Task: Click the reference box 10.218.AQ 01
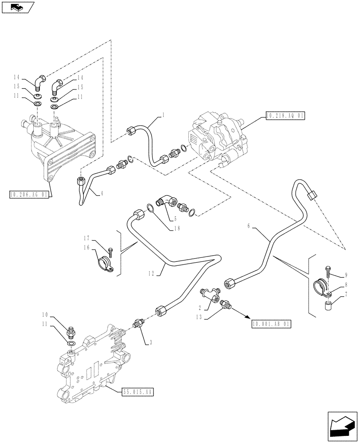[286, 116]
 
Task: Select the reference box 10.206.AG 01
[27, 194]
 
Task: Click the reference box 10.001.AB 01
[270, 324]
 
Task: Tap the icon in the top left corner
[17, 7]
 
